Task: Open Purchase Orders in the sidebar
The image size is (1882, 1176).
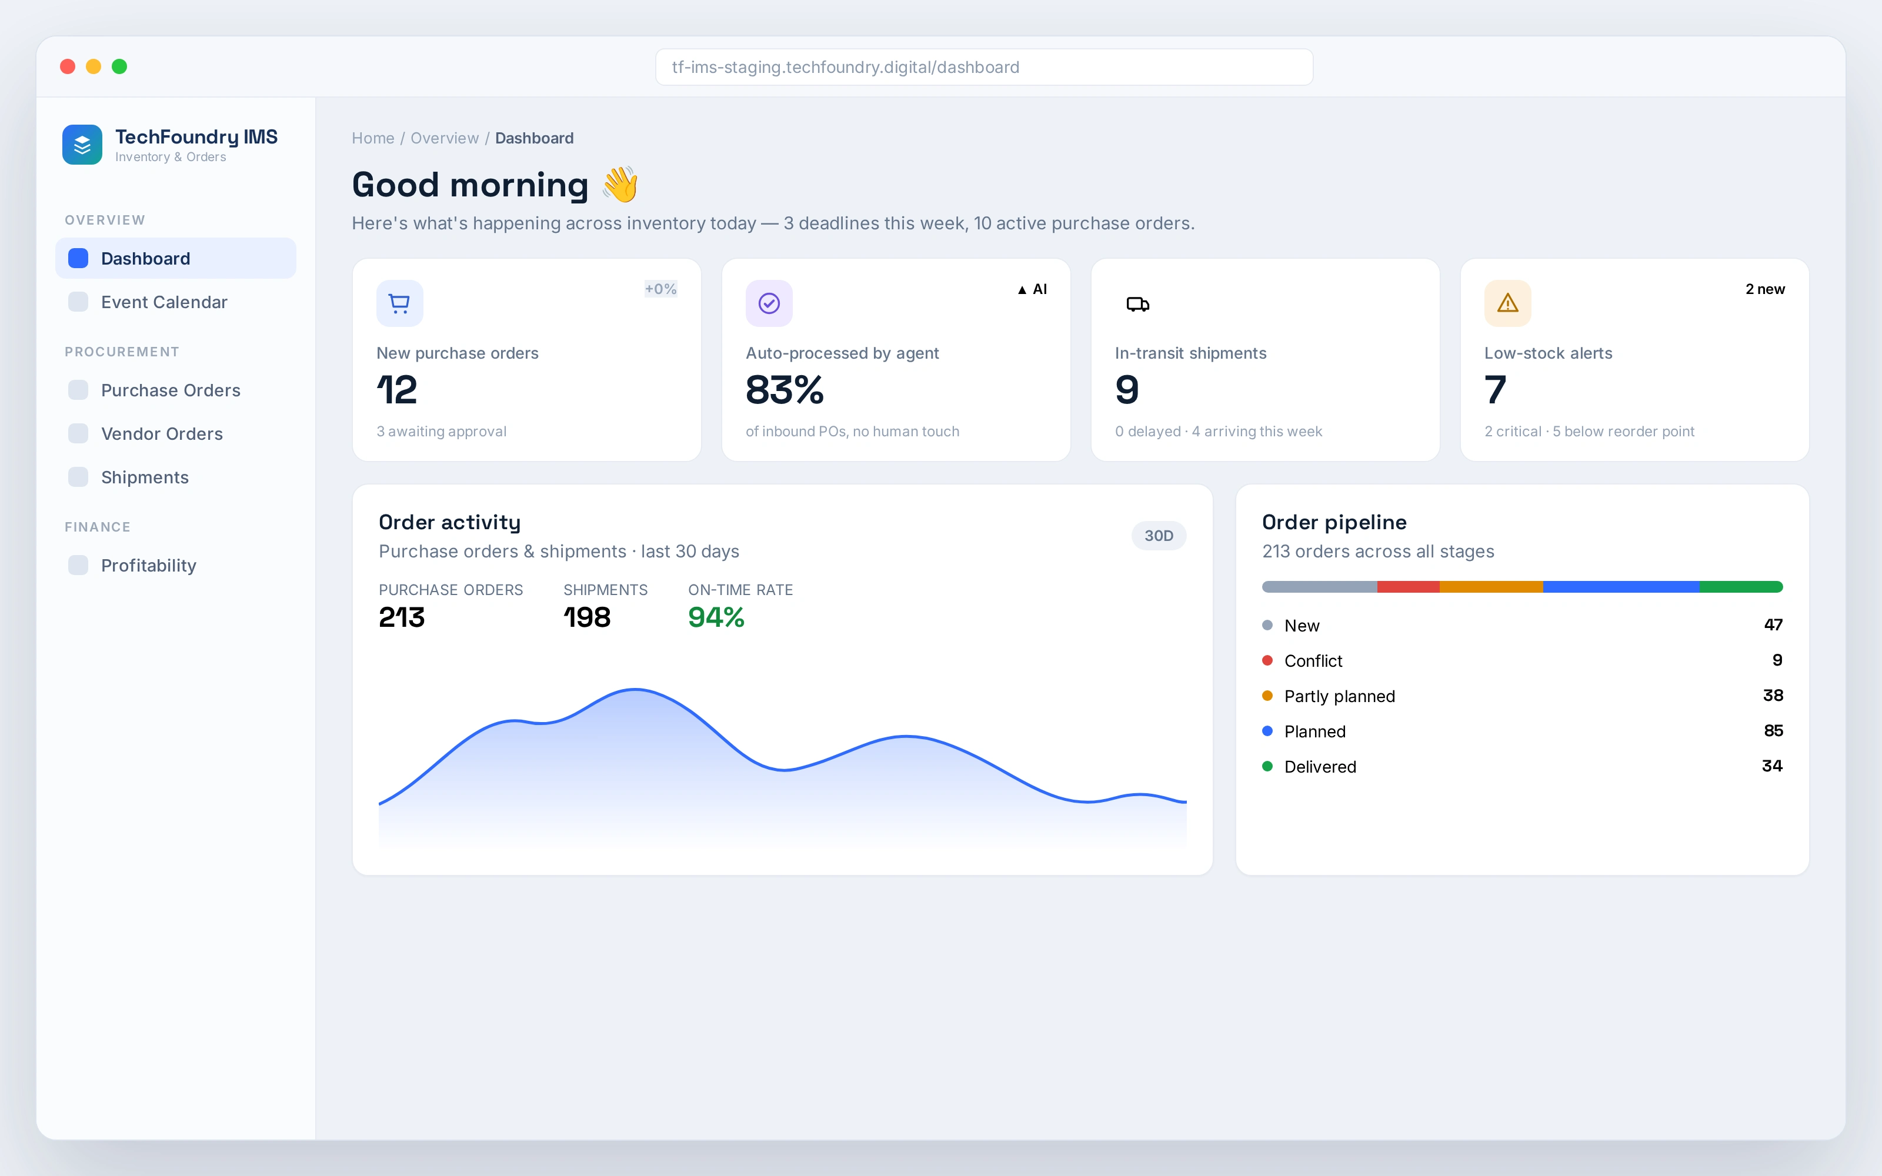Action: click(x=171, y=390)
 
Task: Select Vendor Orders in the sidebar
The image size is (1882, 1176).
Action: click(x=162, y=433)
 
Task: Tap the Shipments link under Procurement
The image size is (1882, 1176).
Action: click(x=145, y=477)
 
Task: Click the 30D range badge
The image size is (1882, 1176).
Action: click(x=1159, y=536)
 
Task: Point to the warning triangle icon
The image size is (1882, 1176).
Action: click(x=1508, y=303)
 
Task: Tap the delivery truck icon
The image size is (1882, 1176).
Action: click(x=1138, y=304)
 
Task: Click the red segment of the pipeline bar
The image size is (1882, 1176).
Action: click(x=1409, y=586)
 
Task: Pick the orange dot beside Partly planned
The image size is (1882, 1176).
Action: click(x=1267, y=696)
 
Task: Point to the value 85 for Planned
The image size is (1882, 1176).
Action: click(x=1773, y=731)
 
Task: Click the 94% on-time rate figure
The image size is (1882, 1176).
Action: click(x=716, y=617)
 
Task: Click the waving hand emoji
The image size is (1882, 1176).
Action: click(x=620, y=184)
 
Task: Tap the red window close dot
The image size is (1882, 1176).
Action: click(x=68, y=67)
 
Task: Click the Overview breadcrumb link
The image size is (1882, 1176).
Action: click(x=445, y=138)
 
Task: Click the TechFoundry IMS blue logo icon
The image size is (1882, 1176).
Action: click(x=82, y=145)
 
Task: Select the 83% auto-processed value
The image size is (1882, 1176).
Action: click(x=785, y=390)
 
